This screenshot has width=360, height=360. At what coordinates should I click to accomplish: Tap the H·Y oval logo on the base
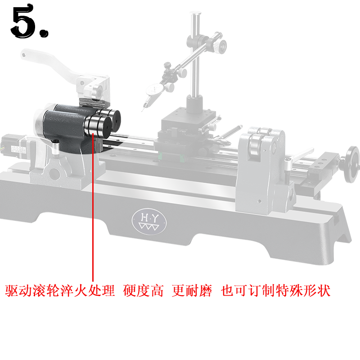coord(149,221)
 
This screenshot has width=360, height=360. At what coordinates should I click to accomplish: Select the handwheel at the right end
coord(352,164)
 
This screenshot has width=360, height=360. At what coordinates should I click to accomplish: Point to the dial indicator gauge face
coord(153,90)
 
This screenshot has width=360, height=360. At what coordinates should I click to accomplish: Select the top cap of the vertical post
coord(195,13)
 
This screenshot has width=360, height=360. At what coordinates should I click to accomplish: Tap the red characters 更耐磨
coord(192,290)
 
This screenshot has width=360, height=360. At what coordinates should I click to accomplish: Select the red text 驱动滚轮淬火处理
coord(60,290)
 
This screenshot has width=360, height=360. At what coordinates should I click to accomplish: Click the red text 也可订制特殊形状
coord(276,290)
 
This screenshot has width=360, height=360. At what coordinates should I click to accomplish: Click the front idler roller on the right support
coord(256,144)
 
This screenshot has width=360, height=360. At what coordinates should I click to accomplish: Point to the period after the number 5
coord(44,33)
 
